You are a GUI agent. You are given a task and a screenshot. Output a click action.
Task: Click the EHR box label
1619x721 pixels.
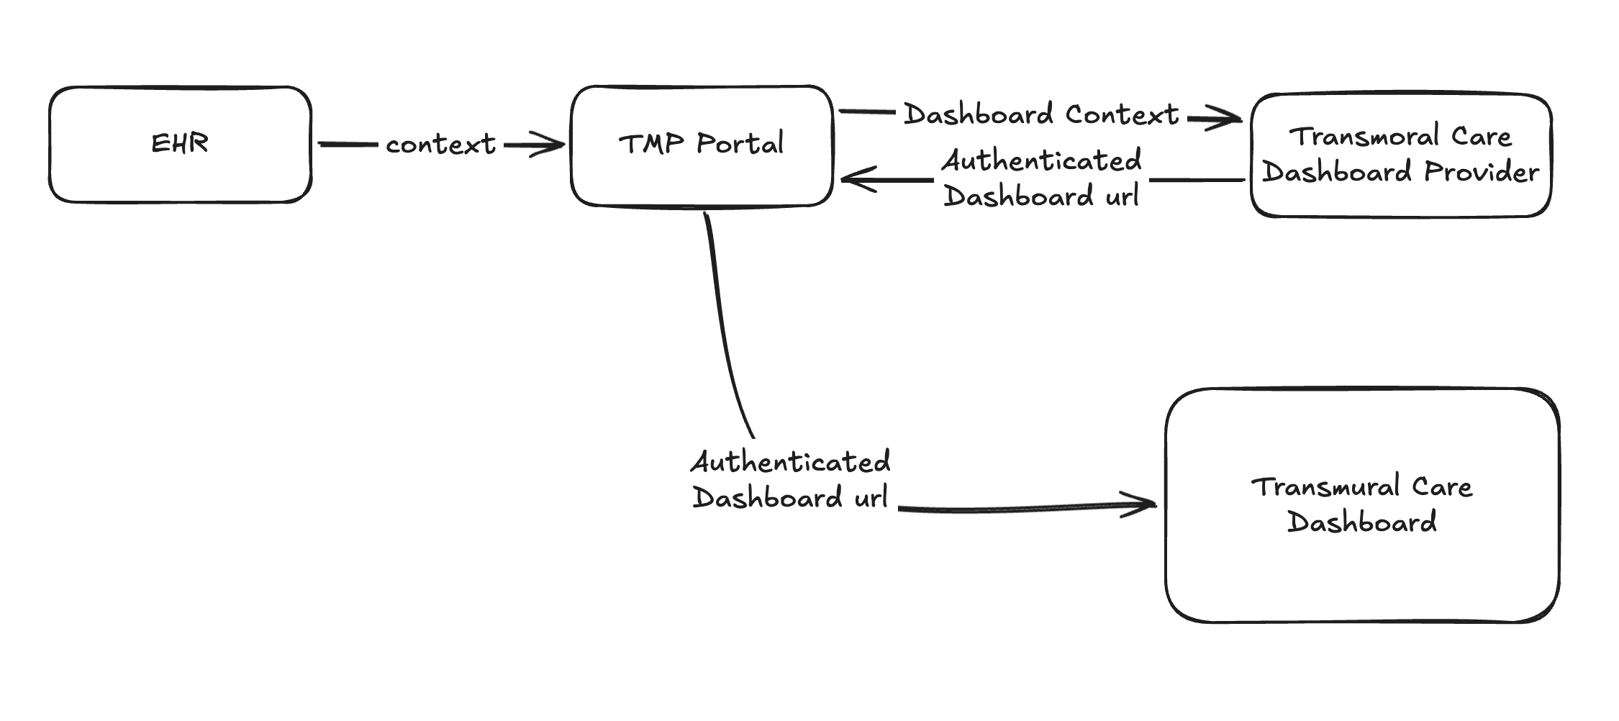coord(180,143)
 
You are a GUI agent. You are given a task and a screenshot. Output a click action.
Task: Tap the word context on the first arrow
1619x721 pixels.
coord(440,145)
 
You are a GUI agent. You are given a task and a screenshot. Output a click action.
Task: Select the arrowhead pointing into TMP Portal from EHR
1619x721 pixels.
coord(554,145)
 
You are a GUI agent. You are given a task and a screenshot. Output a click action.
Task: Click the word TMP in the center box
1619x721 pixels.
coord(651,143)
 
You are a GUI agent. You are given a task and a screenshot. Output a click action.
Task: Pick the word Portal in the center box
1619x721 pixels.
coord(740,143)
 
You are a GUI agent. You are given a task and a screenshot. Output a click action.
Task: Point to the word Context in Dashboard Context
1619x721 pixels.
coord(1122,114)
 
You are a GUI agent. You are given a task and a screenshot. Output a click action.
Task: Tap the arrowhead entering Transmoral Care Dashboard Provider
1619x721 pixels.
coord(1232,118)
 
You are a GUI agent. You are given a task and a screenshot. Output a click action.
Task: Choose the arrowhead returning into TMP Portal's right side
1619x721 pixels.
coord(853,178)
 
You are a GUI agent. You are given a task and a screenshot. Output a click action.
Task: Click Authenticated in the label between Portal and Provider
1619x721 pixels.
coord(1042,160)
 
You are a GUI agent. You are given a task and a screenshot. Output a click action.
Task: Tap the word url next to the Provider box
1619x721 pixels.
coord(1122,196)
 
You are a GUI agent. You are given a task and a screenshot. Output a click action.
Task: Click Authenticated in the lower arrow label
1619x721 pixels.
coord(791,462)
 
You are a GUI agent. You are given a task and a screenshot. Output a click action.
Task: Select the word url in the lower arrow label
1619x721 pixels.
coord(871,497)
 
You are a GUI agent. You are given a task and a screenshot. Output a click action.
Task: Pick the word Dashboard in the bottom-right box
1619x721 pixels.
coord(1361,522)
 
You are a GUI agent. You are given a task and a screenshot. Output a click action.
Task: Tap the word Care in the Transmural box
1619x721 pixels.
coord(1442,487)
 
